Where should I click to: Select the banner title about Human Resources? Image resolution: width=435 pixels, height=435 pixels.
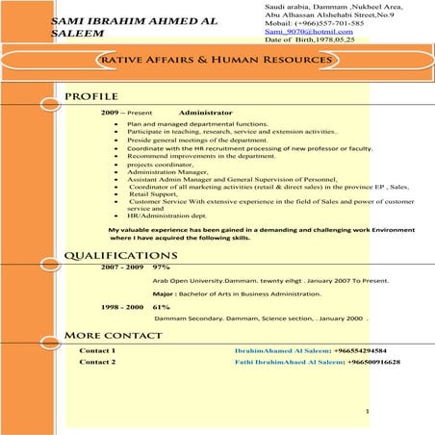(216, 60)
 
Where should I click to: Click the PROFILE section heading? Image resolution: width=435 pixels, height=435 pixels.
(90, 97)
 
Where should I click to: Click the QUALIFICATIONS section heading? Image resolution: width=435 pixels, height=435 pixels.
(120, 255)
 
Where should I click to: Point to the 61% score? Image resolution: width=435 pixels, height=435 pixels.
(162, 306)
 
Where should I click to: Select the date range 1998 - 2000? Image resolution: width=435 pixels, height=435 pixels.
(121, 306)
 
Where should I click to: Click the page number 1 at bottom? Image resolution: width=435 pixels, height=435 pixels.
(368, 411)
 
